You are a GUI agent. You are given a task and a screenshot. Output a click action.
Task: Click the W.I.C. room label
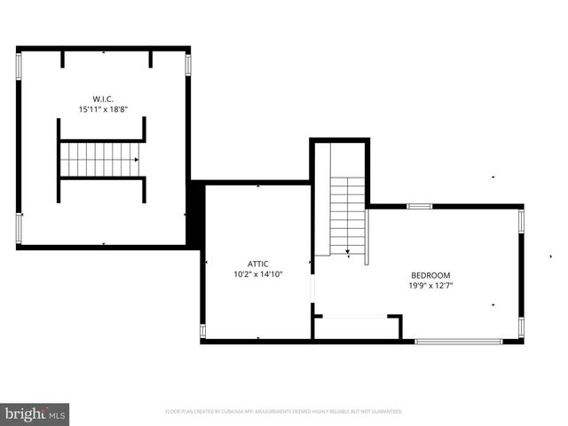[x=104, y=99]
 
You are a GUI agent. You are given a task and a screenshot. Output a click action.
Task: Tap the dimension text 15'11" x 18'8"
[x=104, y=110]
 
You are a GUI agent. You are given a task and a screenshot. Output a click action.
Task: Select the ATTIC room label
[x=258, y=264]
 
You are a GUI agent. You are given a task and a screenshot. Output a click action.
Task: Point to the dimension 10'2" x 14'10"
[x=258, y=275]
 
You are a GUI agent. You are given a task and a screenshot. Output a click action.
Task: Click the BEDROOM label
[x=430, y=275]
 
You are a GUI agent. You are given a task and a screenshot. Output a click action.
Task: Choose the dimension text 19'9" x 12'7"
[x=430, y=286]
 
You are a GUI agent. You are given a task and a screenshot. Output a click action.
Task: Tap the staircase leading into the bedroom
[x=348, y=213]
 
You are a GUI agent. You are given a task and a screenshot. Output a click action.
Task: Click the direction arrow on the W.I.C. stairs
[x=136, y=160]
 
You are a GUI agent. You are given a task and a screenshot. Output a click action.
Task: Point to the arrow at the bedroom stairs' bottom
[x=348, y=252]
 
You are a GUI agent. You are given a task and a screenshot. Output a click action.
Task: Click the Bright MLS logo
[x=35, y=414]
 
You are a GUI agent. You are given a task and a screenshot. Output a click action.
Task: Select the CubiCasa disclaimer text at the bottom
[x=284, y=412]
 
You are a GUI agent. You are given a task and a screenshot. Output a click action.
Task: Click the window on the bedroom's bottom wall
[x=459, y=341]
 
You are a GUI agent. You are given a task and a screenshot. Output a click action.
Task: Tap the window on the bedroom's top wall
[x=419, y=207]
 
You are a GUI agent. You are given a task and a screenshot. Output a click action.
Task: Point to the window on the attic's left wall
[x=202, y=331]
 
